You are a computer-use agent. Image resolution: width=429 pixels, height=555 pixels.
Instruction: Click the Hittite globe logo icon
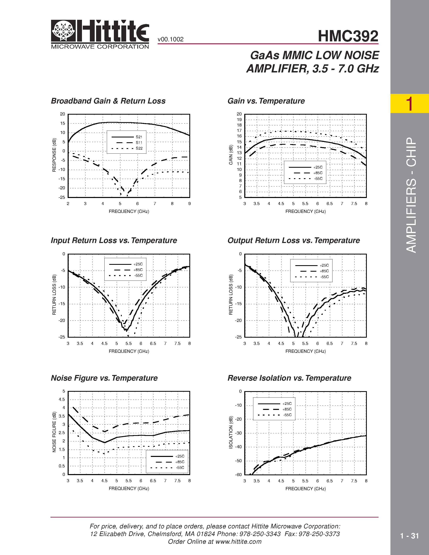63,31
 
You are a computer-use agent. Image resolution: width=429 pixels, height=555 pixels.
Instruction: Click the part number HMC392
348,36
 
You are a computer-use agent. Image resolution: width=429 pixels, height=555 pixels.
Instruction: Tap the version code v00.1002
171,39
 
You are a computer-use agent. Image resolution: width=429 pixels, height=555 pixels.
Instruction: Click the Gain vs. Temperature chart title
266,101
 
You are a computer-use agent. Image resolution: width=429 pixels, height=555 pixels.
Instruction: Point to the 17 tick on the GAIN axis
239,131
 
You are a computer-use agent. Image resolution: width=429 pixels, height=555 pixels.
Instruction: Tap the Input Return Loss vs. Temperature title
114,240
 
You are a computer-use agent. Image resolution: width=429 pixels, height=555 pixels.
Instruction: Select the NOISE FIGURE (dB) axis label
54,432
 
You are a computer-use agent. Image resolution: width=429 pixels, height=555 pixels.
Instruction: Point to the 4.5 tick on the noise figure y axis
62,399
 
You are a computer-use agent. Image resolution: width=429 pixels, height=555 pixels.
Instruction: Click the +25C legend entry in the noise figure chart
179,456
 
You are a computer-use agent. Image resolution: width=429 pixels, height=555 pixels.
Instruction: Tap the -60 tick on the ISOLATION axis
238,475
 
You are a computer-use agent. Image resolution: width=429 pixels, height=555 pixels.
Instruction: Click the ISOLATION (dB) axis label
231,432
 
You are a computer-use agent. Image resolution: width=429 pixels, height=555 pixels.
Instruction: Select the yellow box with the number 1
409,103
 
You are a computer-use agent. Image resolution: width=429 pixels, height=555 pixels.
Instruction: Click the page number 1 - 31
409,536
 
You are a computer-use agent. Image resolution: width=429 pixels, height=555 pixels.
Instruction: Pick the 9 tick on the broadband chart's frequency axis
190,204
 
